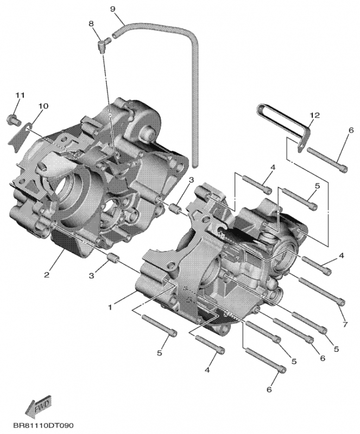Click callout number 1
tap(111, 307)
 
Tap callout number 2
tap(47, 275)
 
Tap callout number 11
tap(20, 95)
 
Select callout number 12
tap(314, 116)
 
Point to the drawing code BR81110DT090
tap(43, 426)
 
